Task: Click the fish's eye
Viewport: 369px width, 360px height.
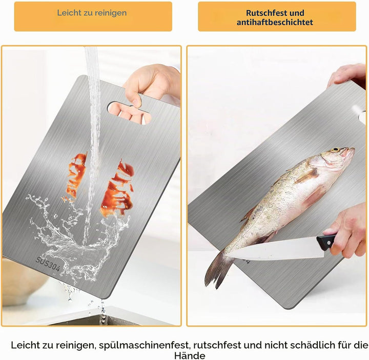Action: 335,150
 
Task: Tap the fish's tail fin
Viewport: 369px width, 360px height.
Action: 217,270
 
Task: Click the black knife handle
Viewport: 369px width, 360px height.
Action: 326,242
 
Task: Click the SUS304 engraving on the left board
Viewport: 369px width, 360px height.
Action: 48,264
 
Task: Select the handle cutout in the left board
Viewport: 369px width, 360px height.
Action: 129,113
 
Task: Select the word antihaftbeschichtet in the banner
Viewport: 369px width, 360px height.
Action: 275,23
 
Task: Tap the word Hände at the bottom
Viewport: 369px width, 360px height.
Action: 190,355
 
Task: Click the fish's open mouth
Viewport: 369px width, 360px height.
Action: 352,151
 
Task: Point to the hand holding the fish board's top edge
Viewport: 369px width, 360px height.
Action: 346,76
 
